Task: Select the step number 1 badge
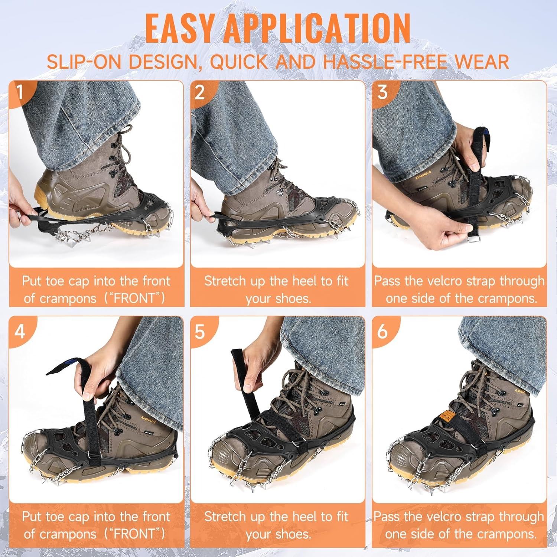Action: pos(20,92)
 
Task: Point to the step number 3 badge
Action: pos(382,92)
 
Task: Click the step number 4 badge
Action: pos(20,330)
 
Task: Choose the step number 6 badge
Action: pos(382,330)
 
